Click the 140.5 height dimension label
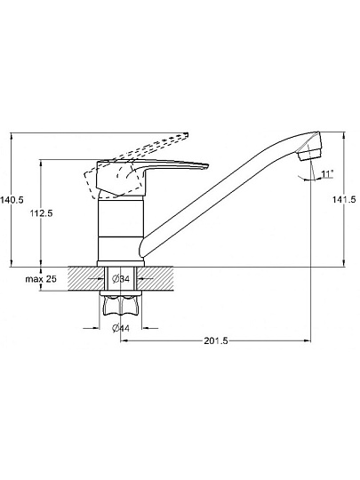point(12,200)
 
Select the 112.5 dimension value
point(41,213)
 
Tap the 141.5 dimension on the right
point(344,200)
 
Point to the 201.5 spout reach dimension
point(216,340)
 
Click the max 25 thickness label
point(41,279)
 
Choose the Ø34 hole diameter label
point(121,279)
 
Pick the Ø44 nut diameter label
point(121,329)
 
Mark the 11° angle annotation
point(326,174)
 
